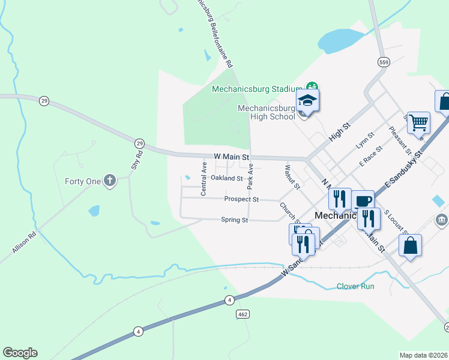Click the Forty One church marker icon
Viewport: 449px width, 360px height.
click(x=109, y=180)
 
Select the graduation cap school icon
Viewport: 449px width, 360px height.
click(x=307, y=101)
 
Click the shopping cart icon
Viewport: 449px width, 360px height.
click(x=418, y=123)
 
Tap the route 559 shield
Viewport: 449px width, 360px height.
click(x=383, y=62)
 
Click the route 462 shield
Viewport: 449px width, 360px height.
click(x=243, y=314)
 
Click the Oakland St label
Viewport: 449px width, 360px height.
click(x=226, y=178)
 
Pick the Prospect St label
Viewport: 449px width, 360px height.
click(x=241, y=199)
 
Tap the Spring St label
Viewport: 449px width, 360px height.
click(x=235, y=220)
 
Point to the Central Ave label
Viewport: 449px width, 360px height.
click(x=203, y=178)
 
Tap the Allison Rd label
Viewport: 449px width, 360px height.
click(x=24, y=243)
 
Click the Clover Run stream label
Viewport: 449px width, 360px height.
click(x=355, y=286)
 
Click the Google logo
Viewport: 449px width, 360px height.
click(x=20, y=353)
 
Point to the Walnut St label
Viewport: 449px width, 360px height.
click(x=292, y=177)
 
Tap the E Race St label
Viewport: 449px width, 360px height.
click(x=370, y=155)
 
